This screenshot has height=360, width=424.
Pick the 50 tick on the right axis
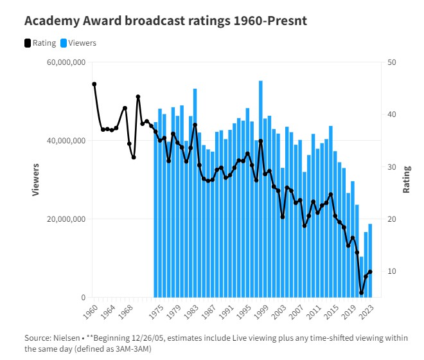391,62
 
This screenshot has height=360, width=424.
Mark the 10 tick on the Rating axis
391,271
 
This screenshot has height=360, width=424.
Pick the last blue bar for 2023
370,260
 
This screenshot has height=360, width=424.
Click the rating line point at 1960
94,84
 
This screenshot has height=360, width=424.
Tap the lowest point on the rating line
361,292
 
